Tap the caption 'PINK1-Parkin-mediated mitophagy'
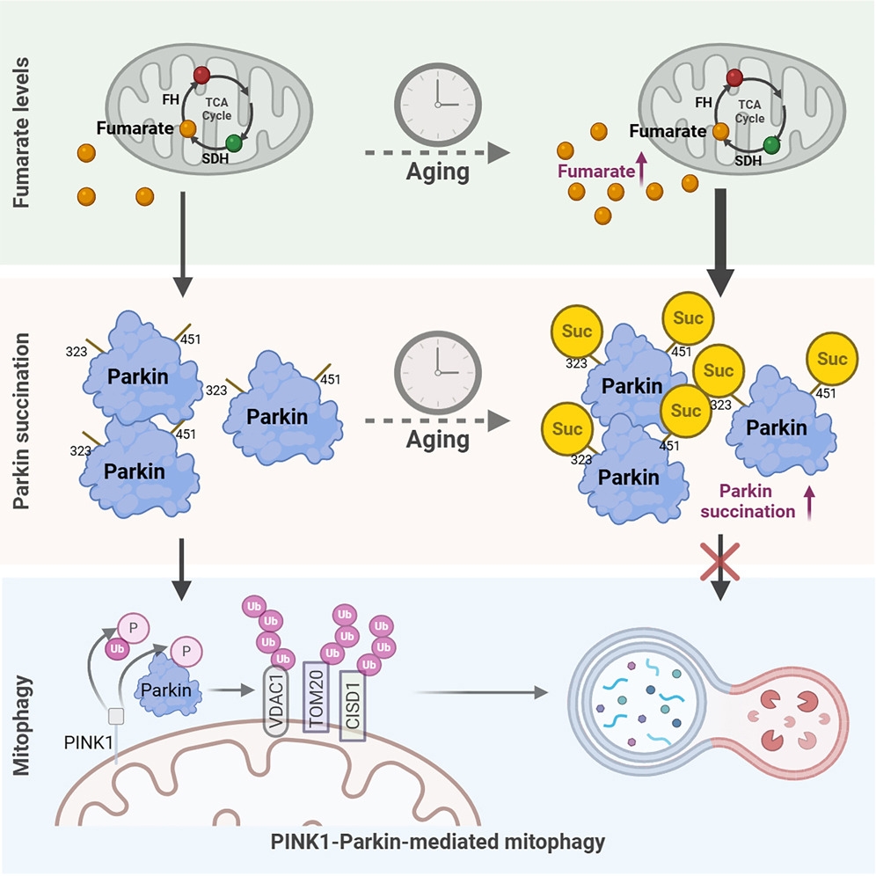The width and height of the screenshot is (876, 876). (437, 842)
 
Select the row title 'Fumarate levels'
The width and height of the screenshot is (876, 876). (24, 132)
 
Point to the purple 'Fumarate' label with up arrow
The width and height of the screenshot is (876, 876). (601, 172)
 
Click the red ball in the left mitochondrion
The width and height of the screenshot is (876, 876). (204, 74)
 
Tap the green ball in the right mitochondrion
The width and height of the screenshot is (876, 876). (772, 145)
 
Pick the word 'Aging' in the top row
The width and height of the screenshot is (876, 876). (438, 172)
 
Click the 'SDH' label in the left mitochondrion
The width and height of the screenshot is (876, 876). (213, 162)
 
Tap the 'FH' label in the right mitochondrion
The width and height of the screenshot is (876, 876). (704, 102)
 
